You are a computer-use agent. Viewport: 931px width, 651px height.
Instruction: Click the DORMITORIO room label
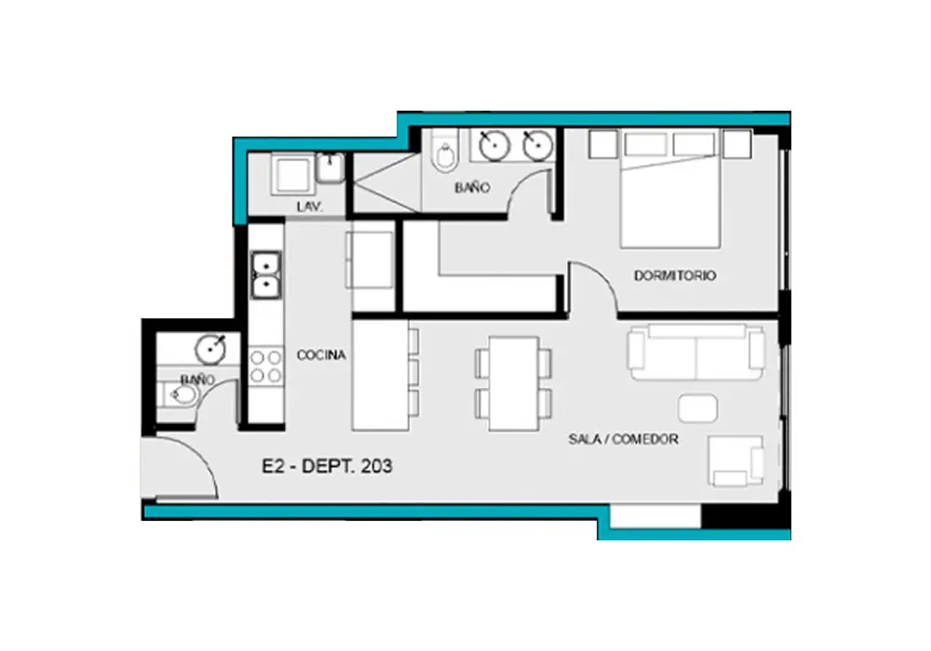pyautogui.click(x=674, y=275)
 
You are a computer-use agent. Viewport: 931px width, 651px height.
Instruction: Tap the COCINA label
pyautogui.click(x=321, y=355)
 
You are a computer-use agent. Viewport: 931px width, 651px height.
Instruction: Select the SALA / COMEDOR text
pyautogui.click(x=624, y=439)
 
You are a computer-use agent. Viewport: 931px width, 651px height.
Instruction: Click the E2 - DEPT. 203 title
pyautogui.click(x=327, y=466)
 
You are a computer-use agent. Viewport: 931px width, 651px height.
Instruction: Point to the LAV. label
pyautogui.click(x=310, y=206)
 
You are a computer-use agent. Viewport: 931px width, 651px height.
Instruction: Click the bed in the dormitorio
pyautogui.click(x=669, y=189)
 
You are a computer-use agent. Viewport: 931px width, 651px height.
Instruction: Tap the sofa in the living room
pyautogui.click(x=696, y=352)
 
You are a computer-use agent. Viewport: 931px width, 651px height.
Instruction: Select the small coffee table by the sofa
pyautogui.click(x=697, y=408)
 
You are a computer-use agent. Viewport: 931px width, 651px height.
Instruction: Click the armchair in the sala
pyautogui.click(x=735, y=461)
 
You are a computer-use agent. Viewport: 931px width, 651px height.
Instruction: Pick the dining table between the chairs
pyautogui.click(x=514, y=383)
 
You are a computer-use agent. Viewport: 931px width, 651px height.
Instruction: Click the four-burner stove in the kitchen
pyautogui.click(x=265, y=366)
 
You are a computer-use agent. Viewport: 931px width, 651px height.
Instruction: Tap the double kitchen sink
pyautogui.click(x=266, y=275)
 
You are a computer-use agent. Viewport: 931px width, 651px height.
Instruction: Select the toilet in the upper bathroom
pyautogui.click(x=445, y=152)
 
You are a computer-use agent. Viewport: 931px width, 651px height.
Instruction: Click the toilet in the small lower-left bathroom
pyautogui.click(x=180, y=394)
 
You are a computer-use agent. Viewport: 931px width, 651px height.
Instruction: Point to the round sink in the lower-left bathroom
pyautogui.click(x=210, y=350)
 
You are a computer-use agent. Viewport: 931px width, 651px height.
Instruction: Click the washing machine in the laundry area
pyautogui.click(x=292, y=174)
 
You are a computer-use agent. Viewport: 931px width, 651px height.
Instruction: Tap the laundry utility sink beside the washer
pyautogui.click(x=331, y=168)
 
